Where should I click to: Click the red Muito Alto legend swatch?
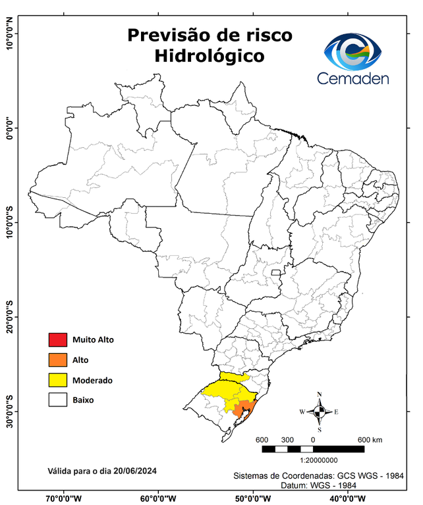(57, 340)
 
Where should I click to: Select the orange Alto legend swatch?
(57, 360)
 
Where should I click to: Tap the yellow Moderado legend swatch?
(57, 380)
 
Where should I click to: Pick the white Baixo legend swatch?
(57, 400)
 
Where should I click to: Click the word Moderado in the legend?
(92, 380)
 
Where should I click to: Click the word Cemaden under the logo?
(353, 79)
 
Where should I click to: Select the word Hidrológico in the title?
(209, 57)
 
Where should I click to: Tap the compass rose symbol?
(319, 412)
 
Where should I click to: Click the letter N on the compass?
(320, 395)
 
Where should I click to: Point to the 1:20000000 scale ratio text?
(319, 461)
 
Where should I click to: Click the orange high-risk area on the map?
(245, 409)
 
